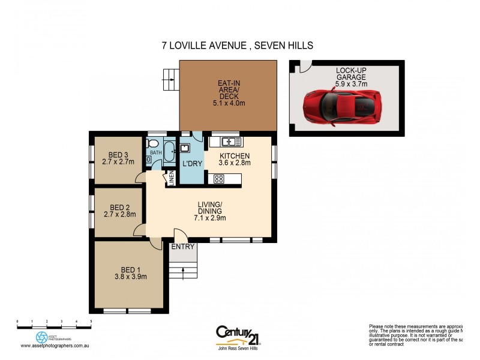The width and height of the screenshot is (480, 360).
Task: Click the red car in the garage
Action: coord(343,106)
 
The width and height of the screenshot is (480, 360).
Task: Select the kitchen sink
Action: coord(231,142)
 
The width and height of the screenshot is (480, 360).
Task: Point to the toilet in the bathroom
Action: coord(152,144)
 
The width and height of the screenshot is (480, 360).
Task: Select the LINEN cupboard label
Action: coord(171,178)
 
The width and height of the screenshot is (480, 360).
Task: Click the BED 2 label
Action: coord(119,206)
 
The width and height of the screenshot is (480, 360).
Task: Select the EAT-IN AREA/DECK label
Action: coord(229,93)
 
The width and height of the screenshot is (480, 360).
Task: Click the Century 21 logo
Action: coord(238,332)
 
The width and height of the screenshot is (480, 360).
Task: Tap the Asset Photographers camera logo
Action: coord(41,337)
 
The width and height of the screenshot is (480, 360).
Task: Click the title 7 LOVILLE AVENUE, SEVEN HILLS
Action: coord(239,46)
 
